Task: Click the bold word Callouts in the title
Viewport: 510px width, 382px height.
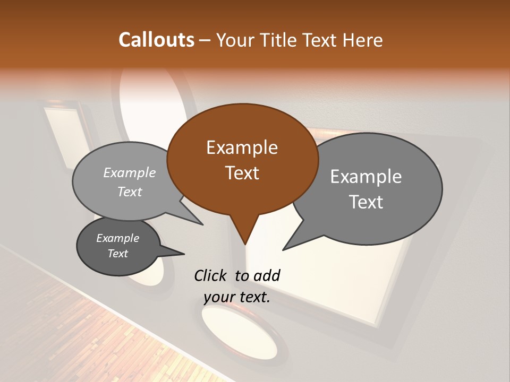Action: pyautogui.click(x=156, y=40)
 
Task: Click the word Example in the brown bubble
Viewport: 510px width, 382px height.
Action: pyautogui.click(x=242, y=147)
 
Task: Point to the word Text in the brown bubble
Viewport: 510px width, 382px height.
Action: pyautogui.click(x=242, y=173)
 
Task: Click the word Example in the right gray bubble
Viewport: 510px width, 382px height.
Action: pyautogui.click(x=366, y=177)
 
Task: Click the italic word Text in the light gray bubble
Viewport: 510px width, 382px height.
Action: pyautogui.click(x=130, y=192)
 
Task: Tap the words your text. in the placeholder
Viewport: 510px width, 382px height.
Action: pyautogui.click(x=237, y=297)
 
